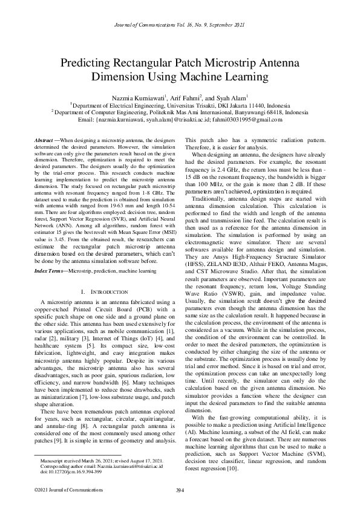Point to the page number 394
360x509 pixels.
pyautogui.click(x=180, y=490)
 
